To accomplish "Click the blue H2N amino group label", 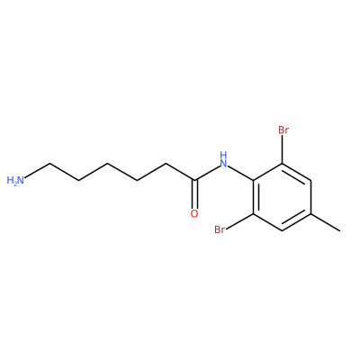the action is click(x=15, y=180).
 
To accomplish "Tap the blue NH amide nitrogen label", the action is click(x=223, y=159).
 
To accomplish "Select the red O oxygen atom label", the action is click(x=194, y=214).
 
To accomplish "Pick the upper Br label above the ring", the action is click(x=283, y=130).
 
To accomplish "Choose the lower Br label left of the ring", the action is click(x=220, y=230).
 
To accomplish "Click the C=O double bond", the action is click(x=194, y=193).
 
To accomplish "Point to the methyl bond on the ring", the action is click(x=326, y=222).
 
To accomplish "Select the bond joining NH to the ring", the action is click(x=241, y=173).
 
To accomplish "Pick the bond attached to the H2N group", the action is click(x=38, y=170).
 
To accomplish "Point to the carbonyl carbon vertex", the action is click(x=195, y=180).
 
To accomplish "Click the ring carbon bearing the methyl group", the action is click(x=311, y=214).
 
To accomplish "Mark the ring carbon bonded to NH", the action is click(x=254, y=180).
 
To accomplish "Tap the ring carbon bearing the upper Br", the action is click(x=283, y=164).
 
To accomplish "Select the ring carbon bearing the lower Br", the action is click(x=254, y=214).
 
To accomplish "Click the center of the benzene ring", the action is click(x=283, y=197).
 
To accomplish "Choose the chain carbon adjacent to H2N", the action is click(x=49, y=164).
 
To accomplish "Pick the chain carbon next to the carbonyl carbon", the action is click(x=166, y=164).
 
